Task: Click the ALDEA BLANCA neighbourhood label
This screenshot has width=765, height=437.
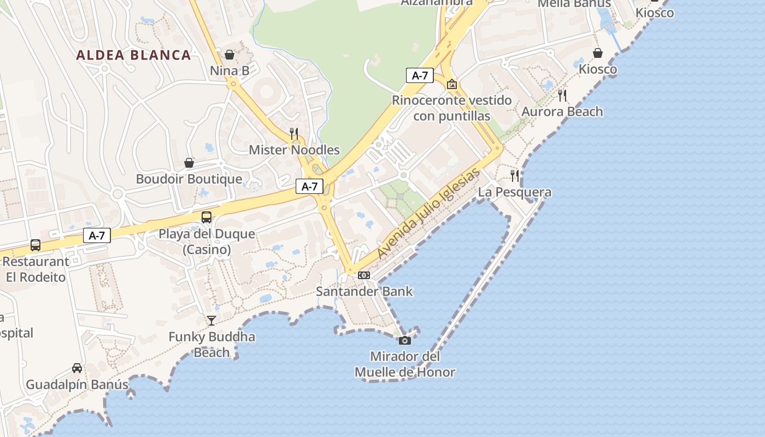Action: (x=133, y=55)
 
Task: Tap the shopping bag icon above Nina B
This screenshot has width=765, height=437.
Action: (x=229, y=55)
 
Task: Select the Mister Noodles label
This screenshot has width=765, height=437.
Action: (x=294, y=150)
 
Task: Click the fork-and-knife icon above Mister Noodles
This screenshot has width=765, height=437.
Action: (x=294, y=133)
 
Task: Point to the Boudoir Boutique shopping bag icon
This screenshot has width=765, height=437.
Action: (x=189, y=163)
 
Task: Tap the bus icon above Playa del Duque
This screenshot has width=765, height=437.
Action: (x=207, y=217)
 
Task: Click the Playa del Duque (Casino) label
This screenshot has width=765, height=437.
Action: (x=207, y=241)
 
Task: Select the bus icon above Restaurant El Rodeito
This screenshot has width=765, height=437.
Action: (x=36, y=245)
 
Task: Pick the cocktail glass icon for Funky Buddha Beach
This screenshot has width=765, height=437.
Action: (x=211, y=320)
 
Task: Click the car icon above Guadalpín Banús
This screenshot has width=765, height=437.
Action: (x=77, y=368)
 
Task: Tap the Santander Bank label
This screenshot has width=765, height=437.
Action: (x=364, y=291)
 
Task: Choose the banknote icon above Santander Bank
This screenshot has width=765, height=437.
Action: (x=364, y=275)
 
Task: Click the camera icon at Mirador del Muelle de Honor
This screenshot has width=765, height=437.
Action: (x=405, y=340)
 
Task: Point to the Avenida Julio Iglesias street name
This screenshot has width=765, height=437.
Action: (x=428, y=214)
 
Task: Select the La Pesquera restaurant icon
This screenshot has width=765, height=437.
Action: (x=515, y=176)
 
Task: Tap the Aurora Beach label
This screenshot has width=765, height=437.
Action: (x=562, y=111)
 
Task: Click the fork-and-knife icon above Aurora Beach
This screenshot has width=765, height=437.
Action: (x=562, y=96)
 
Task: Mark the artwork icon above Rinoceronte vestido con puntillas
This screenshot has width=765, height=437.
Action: (x=452, y=84)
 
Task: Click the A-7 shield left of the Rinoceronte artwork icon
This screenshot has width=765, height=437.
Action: (x=420, y=75)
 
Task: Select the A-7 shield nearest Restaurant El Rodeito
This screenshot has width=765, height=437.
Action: (x=97, y=235)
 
